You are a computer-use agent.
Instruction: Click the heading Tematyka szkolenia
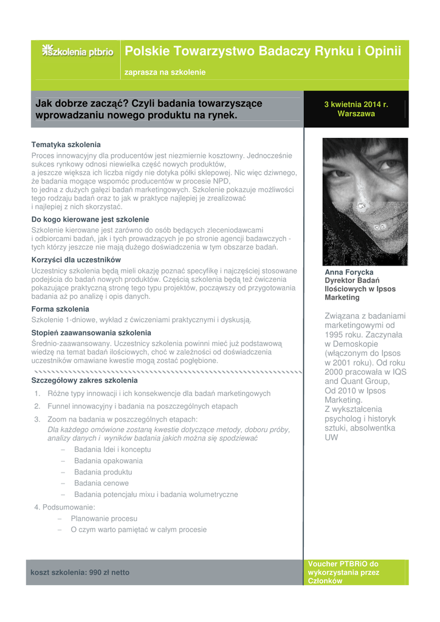[x=66, y=145]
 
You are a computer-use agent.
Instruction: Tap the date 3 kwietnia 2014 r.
[x=356, y=104]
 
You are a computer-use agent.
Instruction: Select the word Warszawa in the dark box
[x=356, y=114]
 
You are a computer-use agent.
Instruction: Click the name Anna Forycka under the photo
[x=349, y=272]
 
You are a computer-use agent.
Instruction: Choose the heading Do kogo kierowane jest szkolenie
[x=90, y=219]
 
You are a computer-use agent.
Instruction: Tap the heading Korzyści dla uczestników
[x=76, y=260]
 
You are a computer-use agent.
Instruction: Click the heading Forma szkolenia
[x=60, y=309]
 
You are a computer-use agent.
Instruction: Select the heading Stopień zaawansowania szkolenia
[x=91, y=333]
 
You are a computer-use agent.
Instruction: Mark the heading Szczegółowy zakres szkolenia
[x=84, y=380]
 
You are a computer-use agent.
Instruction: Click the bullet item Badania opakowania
[x=108, y=461]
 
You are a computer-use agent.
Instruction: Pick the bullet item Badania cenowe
[x=101, y=484]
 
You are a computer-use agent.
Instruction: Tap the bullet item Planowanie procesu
[x=104, y=519]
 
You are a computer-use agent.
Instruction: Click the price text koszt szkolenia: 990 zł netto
[x=80, y=572]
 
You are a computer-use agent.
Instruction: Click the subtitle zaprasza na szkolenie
[x=165, y=72]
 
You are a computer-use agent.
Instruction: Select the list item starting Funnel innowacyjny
[x=142, y=406]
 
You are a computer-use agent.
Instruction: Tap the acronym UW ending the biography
[x=331, y=437]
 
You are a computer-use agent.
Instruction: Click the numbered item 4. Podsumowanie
[x=64, y=507]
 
